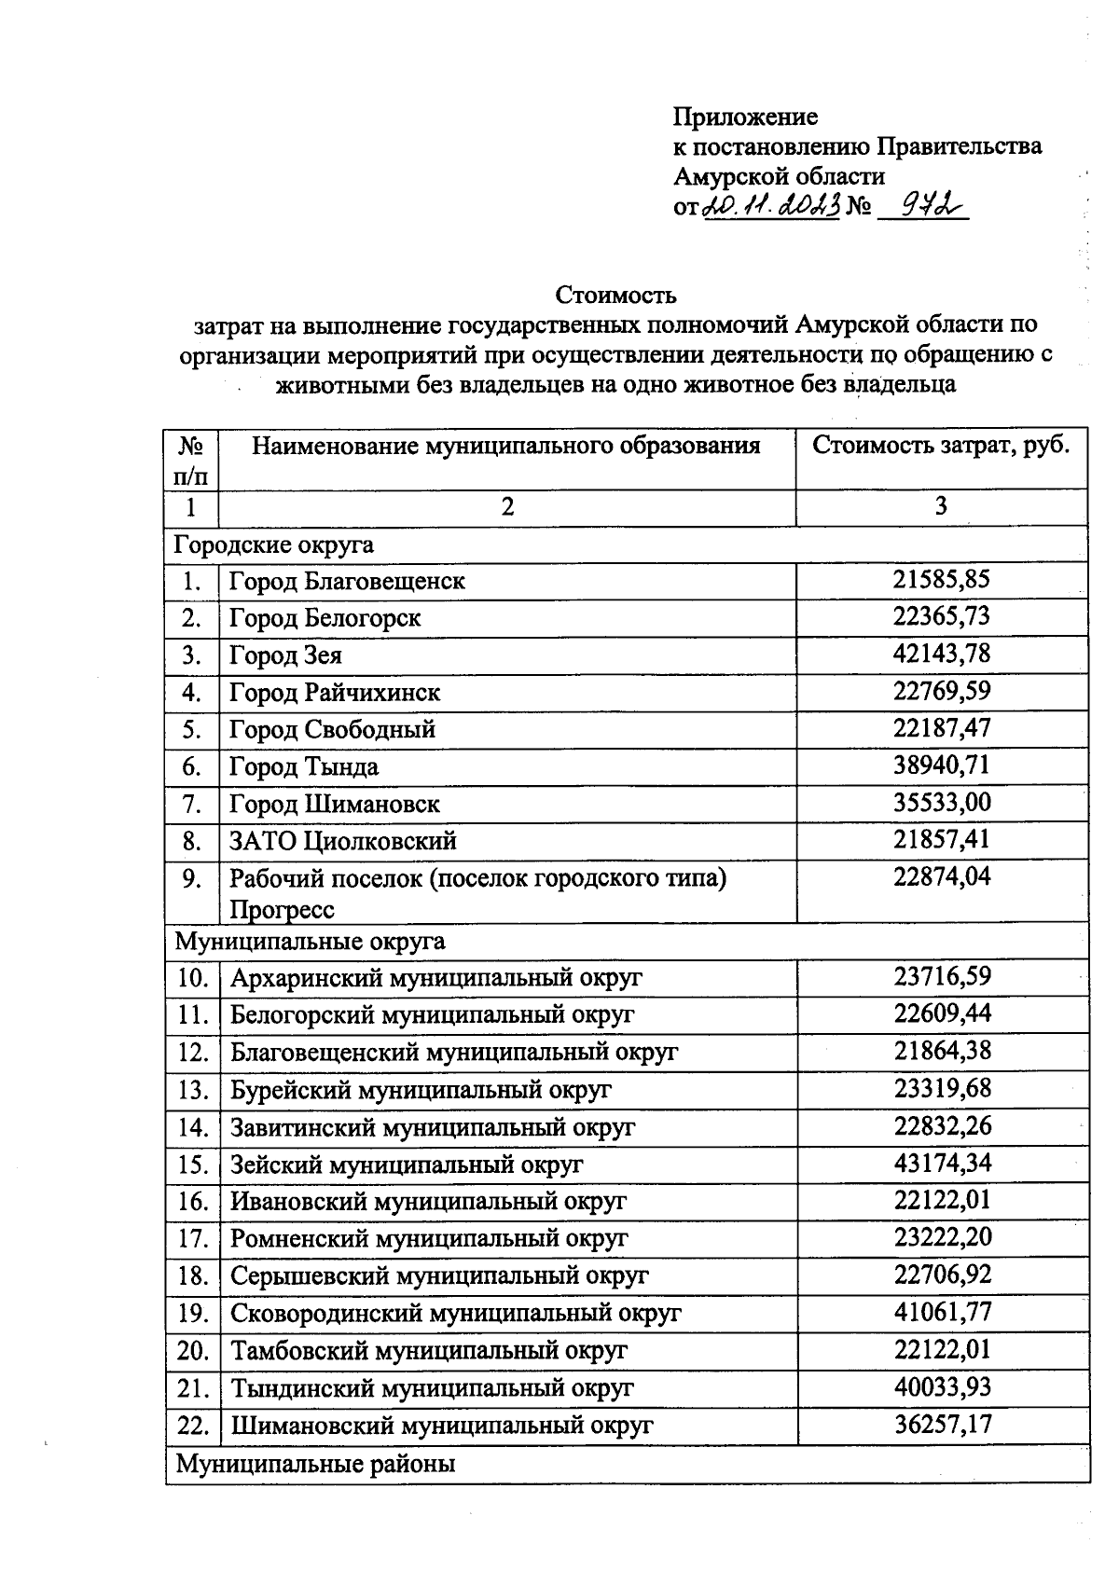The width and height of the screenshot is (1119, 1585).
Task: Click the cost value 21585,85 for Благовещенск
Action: [x=941, y=580]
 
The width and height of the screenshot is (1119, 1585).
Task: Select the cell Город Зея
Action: [x=285, y=655]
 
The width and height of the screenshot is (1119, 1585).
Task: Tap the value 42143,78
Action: [x=941, y=655]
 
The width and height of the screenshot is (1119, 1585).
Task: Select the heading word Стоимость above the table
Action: [x=615, y=296]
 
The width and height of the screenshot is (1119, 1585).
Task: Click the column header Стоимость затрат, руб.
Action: [x=941, y=445]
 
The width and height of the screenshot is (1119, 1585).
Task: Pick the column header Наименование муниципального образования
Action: [x=506, y=445]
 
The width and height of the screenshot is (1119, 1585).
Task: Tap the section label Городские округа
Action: [x=274, y=544]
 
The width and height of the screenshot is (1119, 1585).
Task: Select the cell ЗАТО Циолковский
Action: [x=343, y=842]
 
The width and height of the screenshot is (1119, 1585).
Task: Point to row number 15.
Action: [x=192, y=1165]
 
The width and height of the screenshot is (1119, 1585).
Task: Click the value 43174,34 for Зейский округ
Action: [x=942, y=1163]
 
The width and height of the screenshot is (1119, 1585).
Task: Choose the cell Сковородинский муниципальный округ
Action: [x=456, y=1313]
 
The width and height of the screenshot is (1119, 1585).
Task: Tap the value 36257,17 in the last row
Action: [x=942, y=1424]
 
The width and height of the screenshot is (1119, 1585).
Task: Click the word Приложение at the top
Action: [x=745, y=117]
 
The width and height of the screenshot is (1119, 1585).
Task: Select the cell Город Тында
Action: [x=304, y=767]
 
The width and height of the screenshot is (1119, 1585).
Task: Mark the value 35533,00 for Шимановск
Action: [x=941, y=803]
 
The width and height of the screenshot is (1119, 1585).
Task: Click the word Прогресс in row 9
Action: [x=282, y=909]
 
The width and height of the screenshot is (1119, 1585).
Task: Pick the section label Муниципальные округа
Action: [x=310, y=941]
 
